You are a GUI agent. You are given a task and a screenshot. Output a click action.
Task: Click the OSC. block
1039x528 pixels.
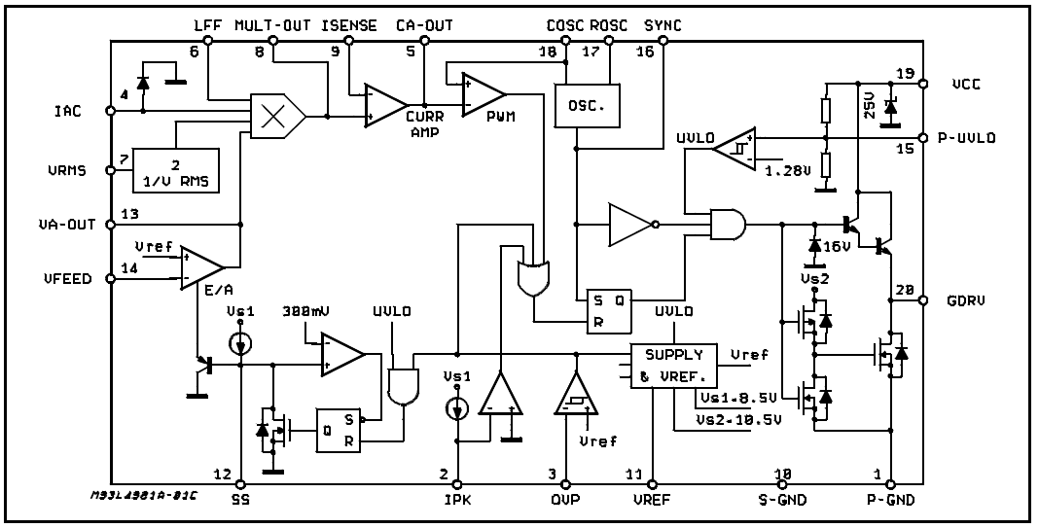(x=587, y=105)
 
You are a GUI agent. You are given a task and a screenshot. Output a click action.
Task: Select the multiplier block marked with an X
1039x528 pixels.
(x=277, y=116)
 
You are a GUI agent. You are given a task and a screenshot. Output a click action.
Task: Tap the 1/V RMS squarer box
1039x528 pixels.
(x=176, y=169)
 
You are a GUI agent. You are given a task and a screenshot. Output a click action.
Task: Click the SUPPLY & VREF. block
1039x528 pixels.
(x=674, y=366)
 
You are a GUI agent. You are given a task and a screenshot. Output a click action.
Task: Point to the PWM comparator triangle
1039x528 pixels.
(x=484, y=93)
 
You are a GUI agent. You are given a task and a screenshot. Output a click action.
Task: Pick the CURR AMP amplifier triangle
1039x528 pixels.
(x=385, y=105)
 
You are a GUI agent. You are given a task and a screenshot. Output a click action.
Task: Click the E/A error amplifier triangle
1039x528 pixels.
(x=201, y=267)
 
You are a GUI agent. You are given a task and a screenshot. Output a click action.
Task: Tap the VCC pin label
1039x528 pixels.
(x=966, y=85)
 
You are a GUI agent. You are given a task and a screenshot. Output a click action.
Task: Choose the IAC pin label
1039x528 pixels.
(x=67, y=111)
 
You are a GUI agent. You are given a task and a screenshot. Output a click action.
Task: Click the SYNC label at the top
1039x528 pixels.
(x=663, y=26)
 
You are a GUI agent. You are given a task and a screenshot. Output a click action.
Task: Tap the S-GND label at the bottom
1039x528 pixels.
(x=782, y=500)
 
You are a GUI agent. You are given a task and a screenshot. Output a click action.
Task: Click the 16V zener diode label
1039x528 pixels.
(x=837, y=246)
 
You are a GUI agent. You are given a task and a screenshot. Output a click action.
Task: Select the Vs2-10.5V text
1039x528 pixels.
(x=738, y=419)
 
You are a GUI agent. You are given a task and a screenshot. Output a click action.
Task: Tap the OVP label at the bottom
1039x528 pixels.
(x=565, y=500)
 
